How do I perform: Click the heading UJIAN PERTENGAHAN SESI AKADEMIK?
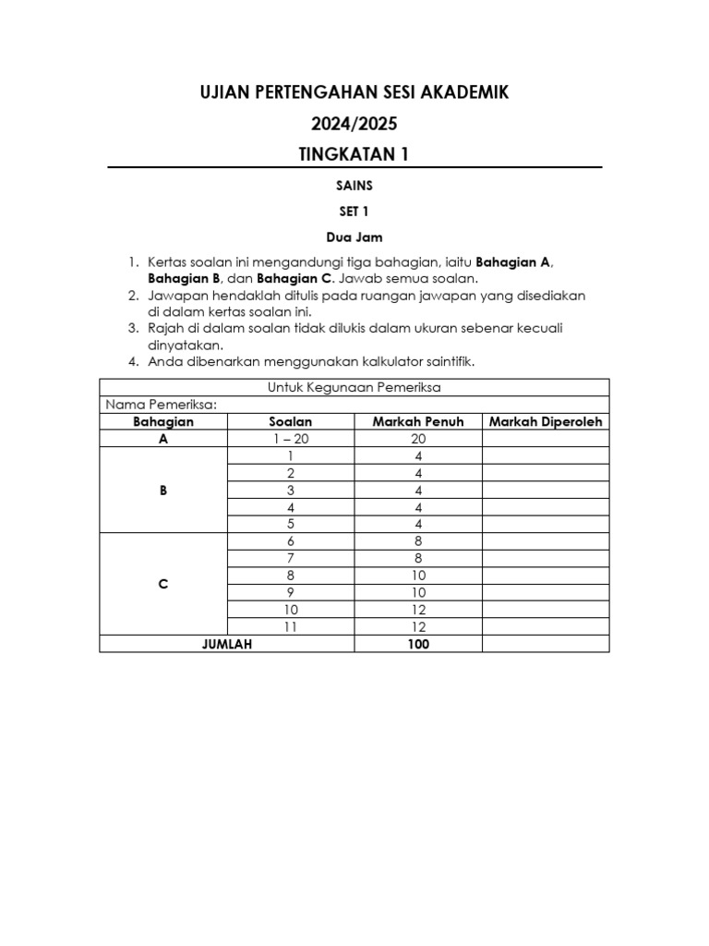point(354,92)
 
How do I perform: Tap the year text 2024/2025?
point(354,123)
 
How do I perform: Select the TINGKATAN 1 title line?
point(354,154)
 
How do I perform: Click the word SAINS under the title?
point(354,186)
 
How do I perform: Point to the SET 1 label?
point(354,212)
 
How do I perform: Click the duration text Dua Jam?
point(354,237)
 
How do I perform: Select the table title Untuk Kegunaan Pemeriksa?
point(354,388)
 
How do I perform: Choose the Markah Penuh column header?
point(417,422)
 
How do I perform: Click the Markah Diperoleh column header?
point(545,422)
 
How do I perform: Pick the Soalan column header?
point(290,422)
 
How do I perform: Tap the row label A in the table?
point(163,440)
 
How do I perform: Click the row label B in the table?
point(163,491)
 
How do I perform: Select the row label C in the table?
point(163,585)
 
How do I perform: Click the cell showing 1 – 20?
point(290,440)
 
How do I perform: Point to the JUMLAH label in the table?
point(227,645)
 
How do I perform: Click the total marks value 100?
point(417,645)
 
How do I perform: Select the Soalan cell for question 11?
point(290,627)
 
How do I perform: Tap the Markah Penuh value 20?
point(417,440)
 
